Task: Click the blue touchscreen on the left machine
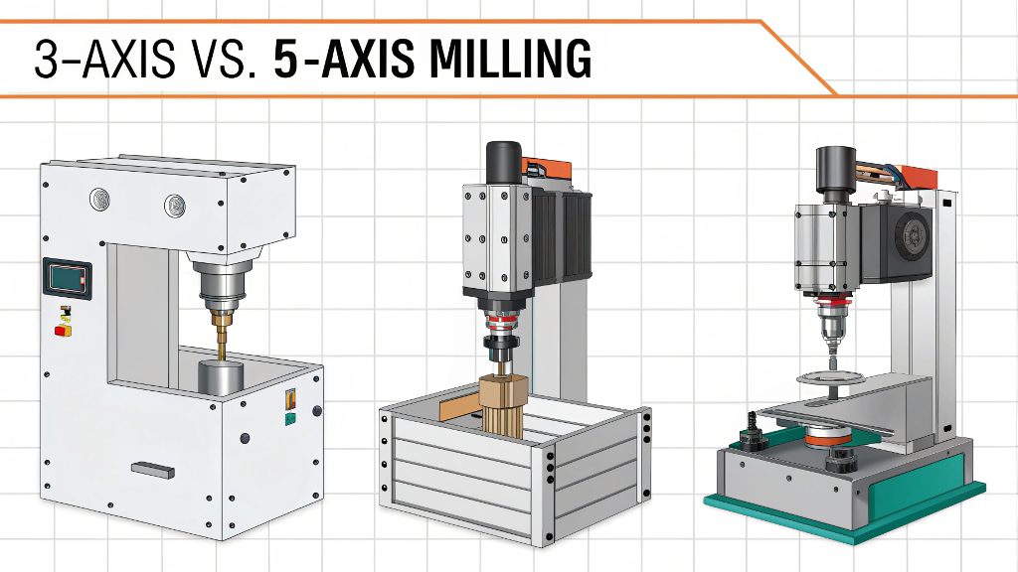(x=68, y=276)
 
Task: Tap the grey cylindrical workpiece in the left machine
(x=221, y=377)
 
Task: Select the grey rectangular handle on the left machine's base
(x=152, y=469)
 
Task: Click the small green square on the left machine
(x=289, y=418)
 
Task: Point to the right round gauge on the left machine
(x=175, y=205)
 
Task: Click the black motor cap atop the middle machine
(x=504, y=161)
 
